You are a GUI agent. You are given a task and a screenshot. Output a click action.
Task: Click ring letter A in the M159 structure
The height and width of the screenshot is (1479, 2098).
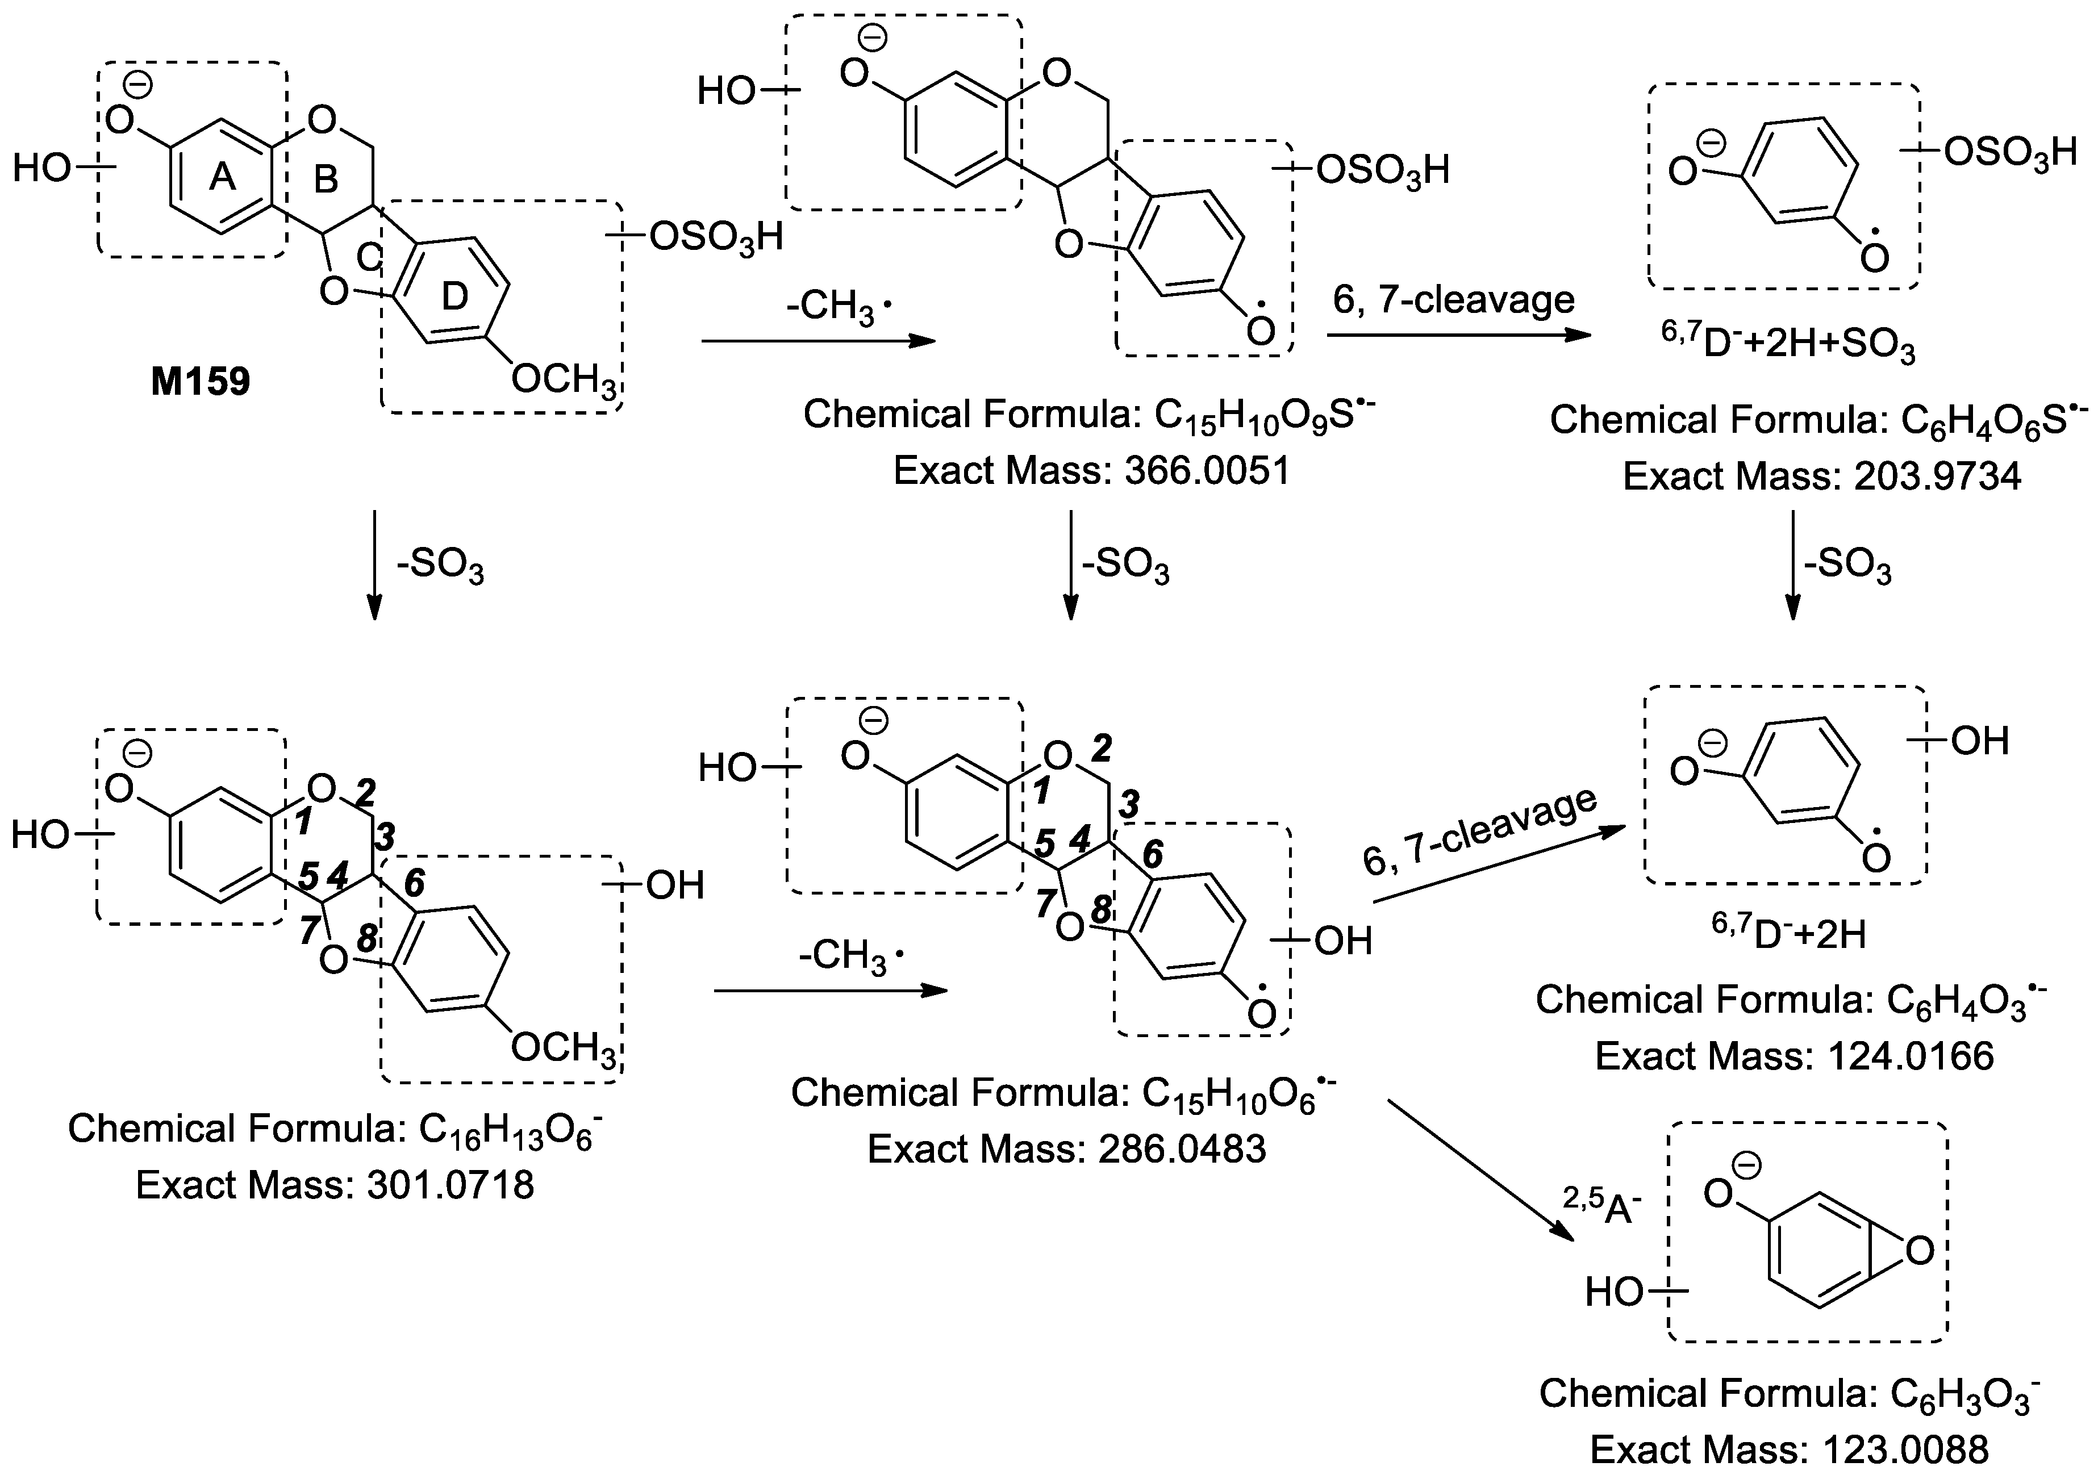pos(222,177)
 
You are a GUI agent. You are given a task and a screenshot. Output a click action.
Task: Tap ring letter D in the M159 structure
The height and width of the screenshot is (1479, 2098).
pos(454,296)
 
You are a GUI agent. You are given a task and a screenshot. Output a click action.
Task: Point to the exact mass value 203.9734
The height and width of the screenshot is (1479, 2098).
pos(1937,477)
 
